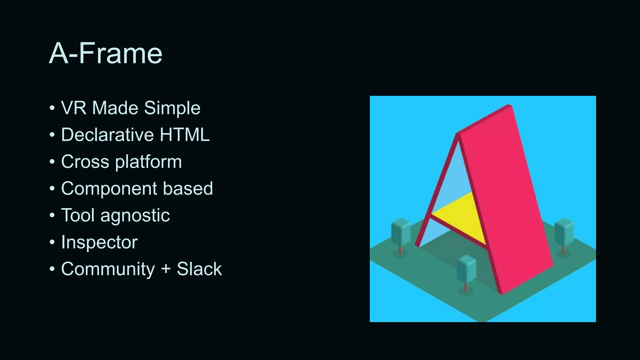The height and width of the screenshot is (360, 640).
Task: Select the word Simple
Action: click(x=172, y=108)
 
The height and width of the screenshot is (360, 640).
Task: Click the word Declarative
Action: click(x=107, y=135)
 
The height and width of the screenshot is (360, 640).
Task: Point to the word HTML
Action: click(x=184, y=135)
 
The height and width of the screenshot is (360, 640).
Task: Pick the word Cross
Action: click(x=85, y=162)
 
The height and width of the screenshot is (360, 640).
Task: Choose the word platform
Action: click(x=148, y=162)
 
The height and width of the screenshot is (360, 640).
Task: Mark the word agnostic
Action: click(x=135, y=216)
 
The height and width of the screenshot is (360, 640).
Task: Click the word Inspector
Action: click(x=99, y=242)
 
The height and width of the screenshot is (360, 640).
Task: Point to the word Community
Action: click(x=108, y=269)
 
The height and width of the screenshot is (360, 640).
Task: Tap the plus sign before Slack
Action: click(x=166, y=269)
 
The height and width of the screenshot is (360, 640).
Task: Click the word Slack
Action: click(x=199, y=269)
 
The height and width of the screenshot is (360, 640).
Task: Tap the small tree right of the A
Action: click(x=564, y=233)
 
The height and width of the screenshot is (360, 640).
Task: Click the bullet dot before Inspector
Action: click(x=52, y=242)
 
